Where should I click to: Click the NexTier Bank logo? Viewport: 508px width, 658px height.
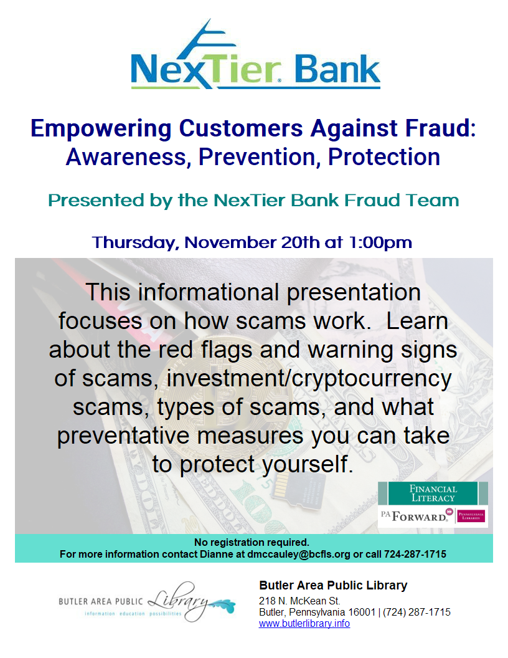coord(255,54)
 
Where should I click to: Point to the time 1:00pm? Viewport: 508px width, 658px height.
coord(381,243)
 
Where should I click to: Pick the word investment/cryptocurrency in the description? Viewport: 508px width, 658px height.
coord(309,379)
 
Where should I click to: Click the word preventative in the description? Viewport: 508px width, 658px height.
coord(125,436)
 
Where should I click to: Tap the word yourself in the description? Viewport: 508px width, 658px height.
coord(308,464)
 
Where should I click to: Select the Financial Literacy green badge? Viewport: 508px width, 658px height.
coord(433,493)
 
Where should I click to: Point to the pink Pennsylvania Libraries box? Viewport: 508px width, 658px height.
coord(471,516)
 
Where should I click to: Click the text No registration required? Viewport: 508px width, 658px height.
coord(252,542)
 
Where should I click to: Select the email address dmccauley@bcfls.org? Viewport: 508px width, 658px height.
coord(298,555)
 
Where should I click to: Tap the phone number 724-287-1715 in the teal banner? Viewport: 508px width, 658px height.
coord(415,555)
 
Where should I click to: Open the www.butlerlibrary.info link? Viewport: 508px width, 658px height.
coord(304,624)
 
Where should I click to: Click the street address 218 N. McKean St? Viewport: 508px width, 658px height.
coord(299,601)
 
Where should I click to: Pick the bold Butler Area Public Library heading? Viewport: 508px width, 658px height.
coord(333,585)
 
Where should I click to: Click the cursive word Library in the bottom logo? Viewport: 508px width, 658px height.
coord(178,601)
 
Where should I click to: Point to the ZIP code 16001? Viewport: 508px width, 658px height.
coord(362,613)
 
